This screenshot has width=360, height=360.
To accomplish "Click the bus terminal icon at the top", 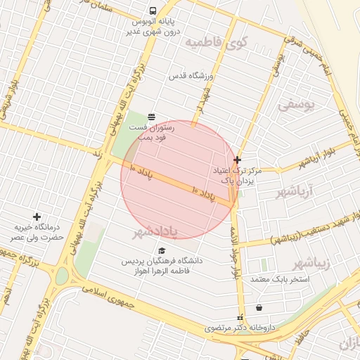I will coord(153,11).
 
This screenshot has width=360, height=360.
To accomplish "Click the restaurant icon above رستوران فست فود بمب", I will coord(152,116).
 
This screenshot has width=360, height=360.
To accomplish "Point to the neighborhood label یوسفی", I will coord(297,105).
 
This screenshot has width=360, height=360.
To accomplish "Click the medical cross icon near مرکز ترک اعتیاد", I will coord(238,160).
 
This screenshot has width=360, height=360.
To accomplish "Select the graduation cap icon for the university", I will coord(162,250).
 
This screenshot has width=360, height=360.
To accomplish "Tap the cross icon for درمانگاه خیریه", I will coord(37,217).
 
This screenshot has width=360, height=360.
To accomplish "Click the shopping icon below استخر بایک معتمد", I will coord(259,307).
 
